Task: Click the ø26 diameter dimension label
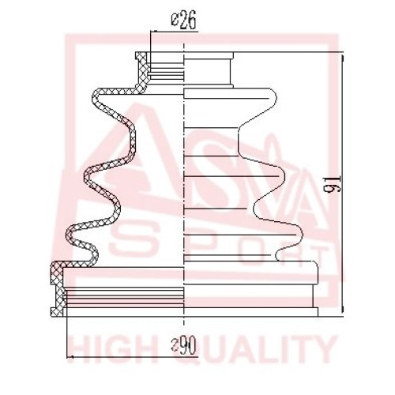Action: (x=184, y=21)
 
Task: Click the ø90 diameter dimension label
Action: (x=184, y=346)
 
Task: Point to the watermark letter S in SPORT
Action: (x=132, y=241)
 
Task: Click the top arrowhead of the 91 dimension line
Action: (x=343, y=56)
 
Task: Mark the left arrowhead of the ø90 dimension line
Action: (x=69, y=357)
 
